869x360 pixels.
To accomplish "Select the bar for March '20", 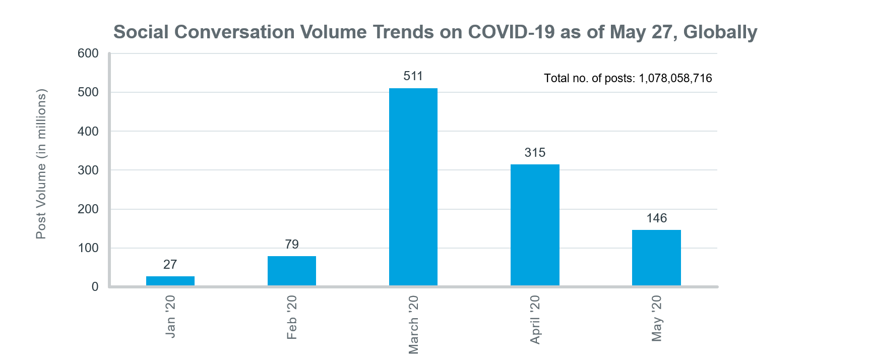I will coord(413,187).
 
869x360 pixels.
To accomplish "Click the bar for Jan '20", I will coord(170,281).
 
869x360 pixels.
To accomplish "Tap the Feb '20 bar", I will coord(291,271).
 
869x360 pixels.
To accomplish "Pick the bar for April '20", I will coord(535,225).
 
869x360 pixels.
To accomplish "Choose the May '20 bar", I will coord(656,258).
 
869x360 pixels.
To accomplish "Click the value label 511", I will coord(413,76).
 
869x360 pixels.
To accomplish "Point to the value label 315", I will coord(535,153).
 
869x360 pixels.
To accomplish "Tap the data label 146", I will coord(656,218).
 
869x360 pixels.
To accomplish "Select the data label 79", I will coord(291,245).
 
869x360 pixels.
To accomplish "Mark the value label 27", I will coord(170,265).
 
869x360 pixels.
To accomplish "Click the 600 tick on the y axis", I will coord(88,53).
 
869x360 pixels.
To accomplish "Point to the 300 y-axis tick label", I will coord(88,170).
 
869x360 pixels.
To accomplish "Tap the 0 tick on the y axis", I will coord(95,287).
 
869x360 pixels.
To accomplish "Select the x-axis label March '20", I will coord(413,325).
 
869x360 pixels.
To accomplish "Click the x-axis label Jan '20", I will coord(170,316).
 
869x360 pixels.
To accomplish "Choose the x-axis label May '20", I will coord(656,318).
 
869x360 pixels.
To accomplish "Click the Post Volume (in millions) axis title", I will coord(41,164).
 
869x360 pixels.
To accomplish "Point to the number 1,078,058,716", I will coord(675,78).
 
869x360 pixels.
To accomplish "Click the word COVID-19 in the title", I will coord(511,32).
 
